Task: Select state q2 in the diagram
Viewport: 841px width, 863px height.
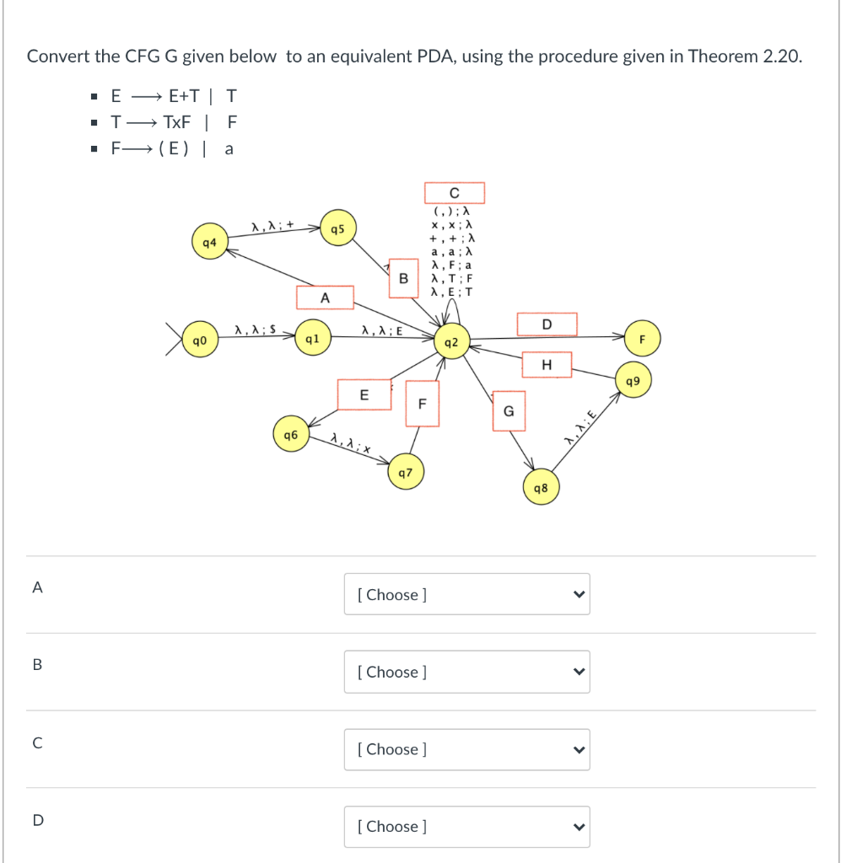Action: click(x=451, y=342)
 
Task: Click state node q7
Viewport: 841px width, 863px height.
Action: click(x=405, y=473)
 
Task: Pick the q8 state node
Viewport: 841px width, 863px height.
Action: click(x=541, y=488)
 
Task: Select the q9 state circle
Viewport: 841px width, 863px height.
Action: click(x=633, y=381)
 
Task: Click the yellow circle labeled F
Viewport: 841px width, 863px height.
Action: click(x=642, y=340)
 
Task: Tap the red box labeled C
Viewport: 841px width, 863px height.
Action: click(x=454, y=193)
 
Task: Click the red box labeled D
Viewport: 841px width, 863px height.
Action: click(x=547, y=324)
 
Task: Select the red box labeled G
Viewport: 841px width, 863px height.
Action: click(x=509, y=410)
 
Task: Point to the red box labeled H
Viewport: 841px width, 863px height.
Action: click(x=547, y=364)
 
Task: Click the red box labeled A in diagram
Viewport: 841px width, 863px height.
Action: click(x=325, y=297)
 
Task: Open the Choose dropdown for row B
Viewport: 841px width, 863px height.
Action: click(x=466, y=672)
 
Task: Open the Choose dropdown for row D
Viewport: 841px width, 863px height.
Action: click(x=466, y=826)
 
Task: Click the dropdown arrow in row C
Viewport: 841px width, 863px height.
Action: click(x=578, y=749)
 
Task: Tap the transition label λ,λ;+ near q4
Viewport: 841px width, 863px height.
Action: click(x=272, y=224)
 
